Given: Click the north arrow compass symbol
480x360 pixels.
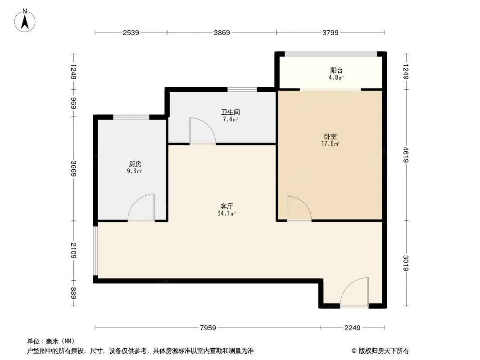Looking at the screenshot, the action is [x=25, y=21].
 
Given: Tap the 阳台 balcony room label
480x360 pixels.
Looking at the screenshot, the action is [x=336, y=71].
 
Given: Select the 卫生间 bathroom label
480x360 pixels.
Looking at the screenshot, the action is [x=231, y=112].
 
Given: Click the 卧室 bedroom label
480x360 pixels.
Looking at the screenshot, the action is [x=331, y=136].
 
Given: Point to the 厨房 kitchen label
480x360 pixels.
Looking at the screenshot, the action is [x=135, y=164].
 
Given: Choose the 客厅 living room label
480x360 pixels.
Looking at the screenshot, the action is [x=226, y=206].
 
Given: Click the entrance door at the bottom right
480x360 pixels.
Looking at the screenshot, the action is [x=354, y=292].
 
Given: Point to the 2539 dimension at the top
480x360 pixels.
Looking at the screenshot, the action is [x=131, y=32].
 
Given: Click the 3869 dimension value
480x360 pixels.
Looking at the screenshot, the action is [x=222, y=32].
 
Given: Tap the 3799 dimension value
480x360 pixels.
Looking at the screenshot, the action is [x=331, y=32].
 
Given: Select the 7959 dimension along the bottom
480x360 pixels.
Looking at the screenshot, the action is [x=208, y=328].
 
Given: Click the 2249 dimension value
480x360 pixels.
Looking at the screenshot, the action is [x=353, y=328].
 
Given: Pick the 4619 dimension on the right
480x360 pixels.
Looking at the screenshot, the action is [x=406, y=155].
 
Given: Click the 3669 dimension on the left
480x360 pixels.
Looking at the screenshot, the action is [x=73, y=169].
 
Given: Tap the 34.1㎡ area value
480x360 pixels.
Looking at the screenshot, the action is [x=226, y=213].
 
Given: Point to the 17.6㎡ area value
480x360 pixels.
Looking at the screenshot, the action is [x=331, y=144].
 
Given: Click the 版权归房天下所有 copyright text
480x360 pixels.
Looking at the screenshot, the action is [x=384, y=351].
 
